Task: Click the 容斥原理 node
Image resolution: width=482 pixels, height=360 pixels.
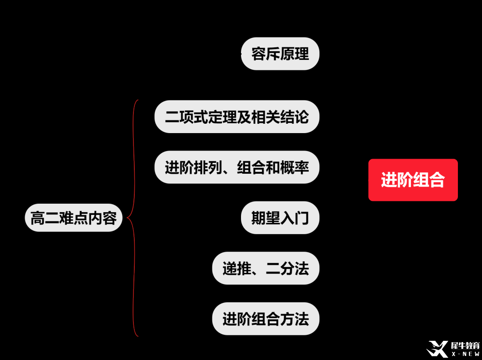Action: pos(280,54)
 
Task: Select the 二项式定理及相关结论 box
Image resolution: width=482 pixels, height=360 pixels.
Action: pos(237,117)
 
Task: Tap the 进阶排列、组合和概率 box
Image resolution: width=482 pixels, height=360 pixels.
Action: pos(237,167)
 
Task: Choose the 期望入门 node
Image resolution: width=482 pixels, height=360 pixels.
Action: pos(280,218)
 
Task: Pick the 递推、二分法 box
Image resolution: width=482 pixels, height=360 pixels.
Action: pos(266,268)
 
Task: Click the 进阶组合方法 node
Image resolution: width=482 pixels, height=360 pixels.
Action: pos(266,319)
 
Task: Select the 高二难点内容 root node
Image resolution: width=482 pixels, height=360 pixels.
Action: pos(74,218)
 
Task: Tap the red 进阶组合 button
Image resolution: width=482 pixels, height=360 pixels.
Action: pos(413,180)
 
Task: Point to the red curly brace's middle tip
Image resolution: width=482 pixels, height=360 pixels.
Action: pos(128,218)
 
